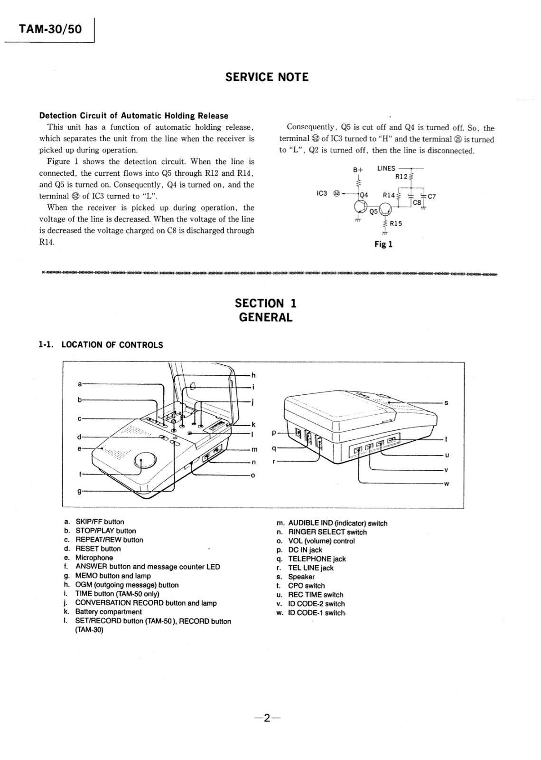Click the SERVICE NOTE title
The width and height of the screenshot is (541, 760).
point(267,77)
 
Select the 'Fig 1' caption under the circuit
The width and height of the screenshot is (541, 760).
point(383,245)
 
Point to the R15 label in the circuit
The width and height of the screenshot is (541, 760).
point(396,223)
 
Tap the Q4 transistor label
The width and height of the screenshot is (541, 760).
point(364,195)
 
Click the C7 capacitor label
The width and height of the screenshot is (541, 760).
point(431,196)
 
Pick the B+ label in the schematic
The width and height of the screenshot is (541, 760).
point(358,170)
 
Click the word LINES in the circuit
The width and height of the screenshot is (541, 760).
point(386,168)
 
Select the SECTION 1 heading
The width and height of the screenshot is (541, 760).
point(266,303)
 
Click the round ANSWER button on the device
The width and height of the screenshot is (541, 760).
point(145,460)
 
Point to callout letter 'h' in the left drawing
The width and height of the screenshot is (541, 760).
point(253,375)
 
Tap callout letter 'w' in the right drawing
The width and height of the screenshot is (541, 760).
point(446,484)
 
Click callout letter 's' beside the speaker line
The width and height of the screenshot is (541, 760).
point(446,403)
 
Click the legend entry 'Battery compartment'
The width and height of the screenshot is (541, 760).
point(108,612)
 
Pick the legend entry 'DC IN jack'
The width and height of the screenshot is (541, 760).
point(305,550)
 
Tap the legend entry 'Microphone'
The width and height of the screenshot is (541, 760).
point(94,558)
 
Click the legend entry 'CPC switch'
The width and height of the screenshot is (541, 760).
point(306,586)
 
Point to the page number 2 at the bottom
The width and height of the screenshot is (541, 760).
point(267,718)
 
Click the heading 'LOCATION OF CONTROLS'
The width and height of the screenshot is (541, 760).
point(112,345)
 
